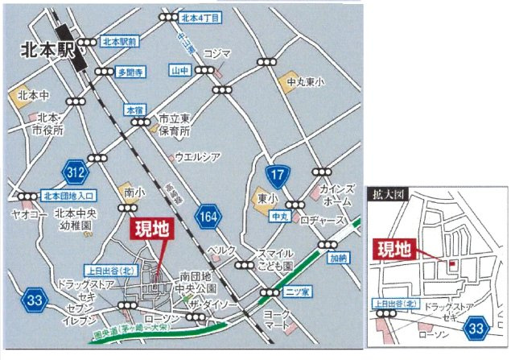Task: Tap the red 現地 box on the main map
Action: coord(150,229)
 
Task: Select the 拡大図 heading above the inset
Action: coord(385,194)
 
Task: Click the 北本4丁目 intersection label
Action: coord(201,17)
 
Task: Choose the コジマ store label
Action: coord(216,54)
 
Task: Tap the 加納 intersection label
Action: coord(337,260)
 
